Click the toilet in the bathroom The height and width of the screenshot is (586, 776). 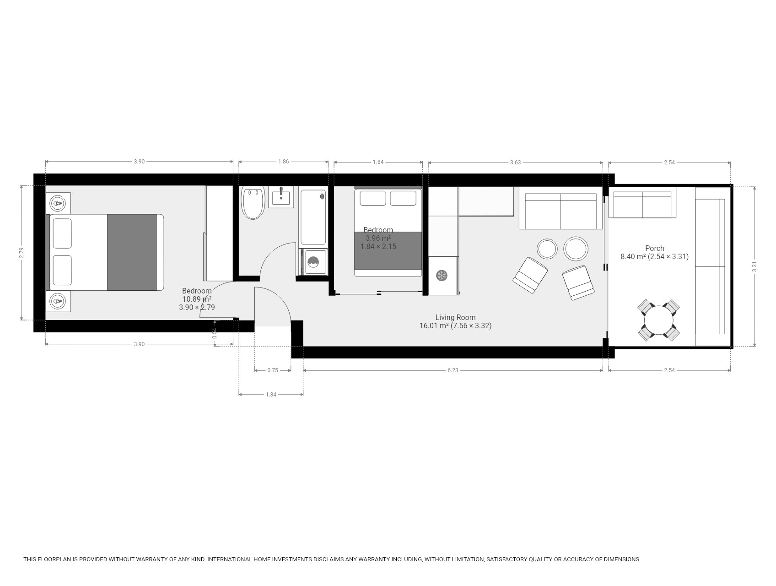coord(253,203)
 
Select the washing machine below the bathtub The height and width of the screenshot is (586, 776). coord(314,262)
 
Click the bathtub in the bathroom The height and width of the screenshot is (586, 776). coord(313,217)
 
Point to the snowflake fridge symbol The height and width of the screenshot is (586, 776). coord(442,276)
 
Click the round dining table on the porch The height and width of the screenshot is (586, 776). coord(659,320)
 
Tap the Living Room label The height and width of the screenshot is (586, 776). coord(455,317)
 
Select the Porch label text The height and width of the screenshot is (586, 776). coord(654,249)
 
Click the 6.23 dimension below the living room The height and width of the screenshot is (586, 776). coord(453,370)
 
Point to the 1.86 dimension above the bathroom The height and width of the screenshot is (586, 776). coord(284,162)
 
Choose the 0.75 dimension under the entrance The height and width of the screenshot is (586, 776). coord(273,370)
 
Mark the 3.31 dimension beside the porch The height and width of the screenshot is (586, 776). coord(755,266)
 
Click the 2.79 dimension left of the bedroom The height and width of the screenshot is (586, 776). coord(22,253)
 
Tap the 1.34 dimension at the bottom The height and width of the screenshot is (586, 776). coord(271,394)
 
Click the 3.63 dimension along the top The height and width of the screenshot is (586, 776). coord(515,162)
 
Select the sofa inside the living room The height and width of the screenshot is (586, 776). coord(561,211)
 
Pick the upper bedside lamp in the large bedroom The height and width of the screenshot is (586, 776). coord(58,202)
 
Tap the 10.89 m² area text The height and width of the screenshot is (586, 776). coord(197,299)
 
